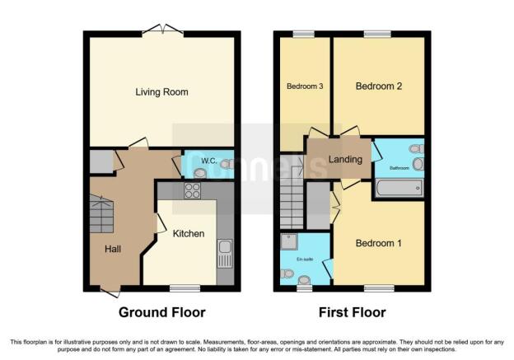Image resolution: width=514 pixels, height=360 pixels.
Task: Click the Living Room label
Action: [x=161, y=92]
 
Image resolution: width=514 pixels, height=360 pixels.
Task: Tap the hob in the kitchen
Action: [x=194, y=190]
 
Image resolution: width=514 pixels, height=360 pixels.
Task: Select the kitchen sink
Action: [x=225, y=253]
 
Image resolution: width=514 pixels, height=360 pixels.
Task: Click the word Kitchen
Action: [x=189, y=234]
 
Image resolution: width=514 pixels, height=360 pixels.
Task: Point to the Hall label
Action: [x=114, y=247]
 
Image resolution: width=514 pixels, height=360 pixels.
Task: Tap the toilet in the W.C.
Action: [x=223, y=165]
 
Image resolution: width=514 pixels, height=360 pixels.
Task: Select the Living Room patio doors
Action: [x=161, y=30]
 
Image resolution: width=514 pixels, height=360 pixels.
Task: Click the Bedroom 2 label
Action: [x=378, y=86]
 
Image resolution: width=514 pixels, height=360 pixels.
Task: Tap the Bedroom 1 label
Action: [x=378, y=243]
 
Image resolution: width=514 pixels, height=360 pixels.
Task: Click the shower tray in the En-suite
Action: [x=289, y=241]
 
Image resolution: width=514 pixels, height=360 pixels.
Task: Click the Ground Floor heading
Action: [x=162, y=312]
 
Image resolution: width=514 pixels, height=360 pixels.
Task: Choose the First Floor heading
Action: [x=352, y=312]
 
